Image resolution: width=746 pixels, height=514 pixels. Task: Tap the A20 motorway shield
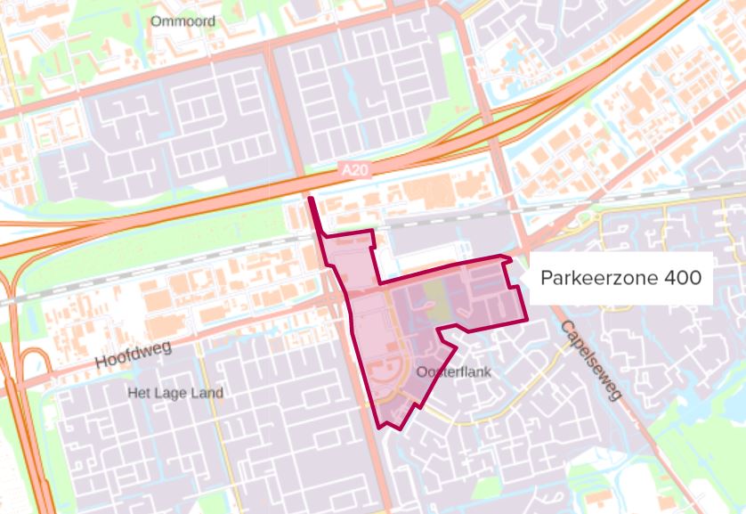353,168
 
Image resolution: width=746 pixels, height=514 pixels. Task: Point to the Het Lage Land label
175,393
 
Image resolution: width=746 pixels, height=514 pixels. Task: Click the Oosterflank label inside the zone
454,371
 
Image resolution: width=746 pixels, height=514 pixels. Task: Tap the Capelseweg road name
588,359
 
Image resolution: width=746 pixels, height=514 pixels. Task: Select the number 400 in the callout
681,278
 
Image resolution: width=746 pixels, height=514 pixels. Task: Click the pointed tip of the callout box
527,279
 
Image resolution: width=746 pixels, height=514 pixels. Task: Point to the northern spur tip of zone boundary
311,200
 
